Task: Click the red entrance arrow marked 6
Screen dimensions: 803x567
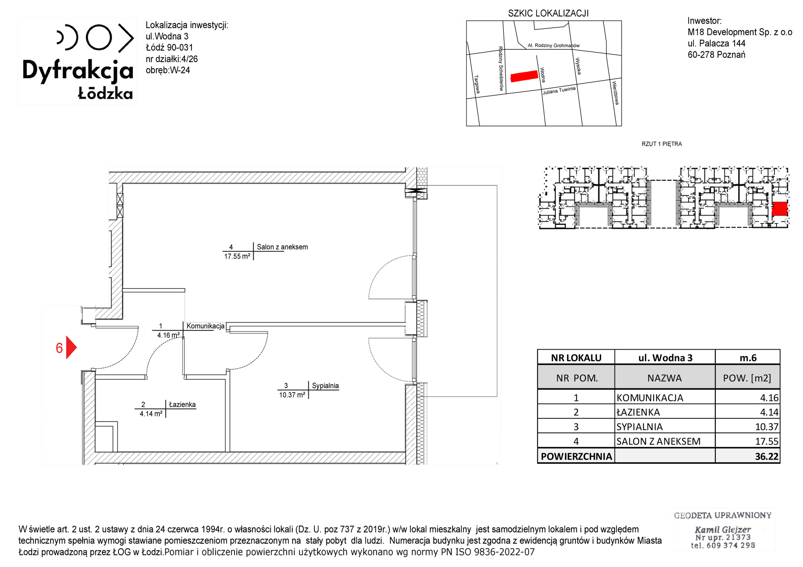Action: (71, 347)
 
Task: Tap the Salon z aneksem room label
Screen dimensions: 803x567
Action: (282, 247)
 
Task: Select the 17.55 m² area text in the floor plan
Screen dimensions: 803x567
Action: (237, 256)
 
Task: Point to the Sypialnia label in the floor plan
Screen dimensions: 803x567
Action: (325, 386)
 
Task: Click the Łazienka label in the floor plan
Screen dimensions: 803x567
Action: (182, 404)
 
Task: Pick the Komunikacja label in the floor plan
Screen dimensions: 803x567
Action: (205, 326)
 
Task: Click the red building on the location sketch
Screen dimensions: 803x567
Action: (524, 76)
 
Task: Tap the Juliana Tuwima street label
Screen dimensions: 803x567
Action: (559, 90)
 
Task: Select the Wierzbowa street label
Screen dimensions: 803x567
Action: (615, 93)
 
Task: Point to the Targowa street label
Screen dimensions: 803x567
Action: (477, 84)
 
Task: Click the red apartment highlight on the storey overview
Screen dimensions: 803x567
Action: (780, 209)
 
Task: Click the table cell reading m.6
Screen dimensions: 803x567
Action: (748, 358)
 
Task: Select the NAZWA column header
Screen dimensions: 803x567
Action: (664, 378)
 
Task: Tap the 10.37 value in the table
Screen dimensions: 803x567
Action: (766, 427)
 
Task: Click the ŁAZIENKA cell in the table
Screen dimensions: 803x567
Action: (638, 412)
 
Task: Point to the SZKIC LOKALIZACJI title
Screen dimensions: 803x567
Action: (548, 13)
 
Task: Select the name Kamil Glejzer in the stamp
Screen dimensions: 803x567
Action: (723, 529)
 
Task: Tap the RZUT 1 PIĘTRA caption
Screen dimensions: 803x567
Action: (662, 144)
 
